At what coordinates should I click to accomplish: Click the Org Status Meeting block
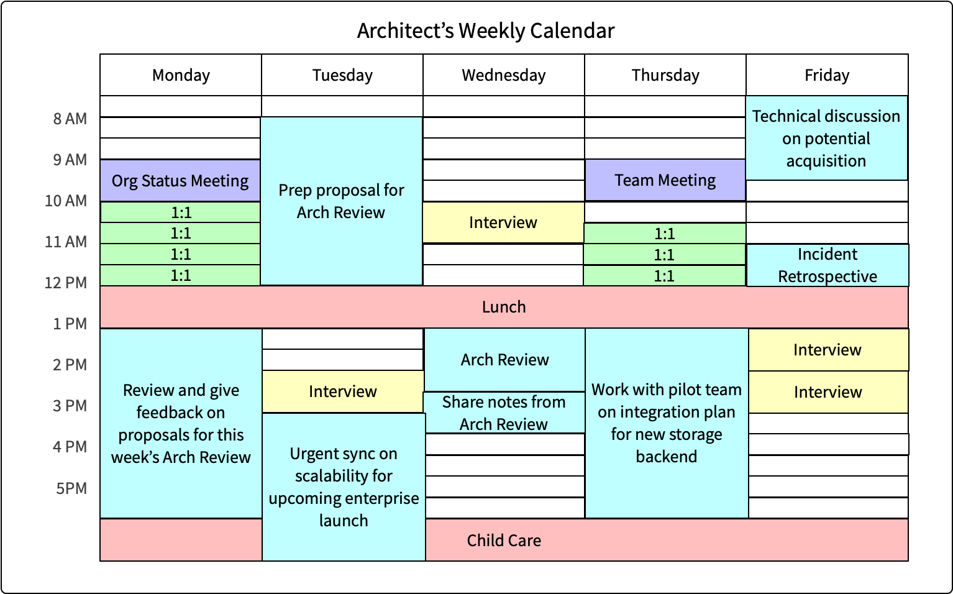tap(180, 181)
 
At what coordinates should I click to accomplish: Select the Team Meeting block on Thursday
tap(665, 180)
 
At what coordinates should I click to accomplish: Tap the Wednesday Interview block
tap(503, 222)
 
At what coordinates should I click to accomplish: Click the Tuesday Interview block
tap(343, 391)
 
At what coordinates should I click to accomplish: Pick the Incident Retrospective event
tap(828, 265)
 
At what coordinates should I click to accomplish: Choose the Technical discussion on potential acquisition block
tap(826, 139)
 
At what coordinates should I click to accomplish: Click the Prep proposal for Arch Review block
tap(341, 201)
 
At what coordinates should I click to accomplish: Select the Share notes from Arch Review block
tap(504, 413)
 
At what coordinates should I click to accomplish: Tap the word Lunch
tap(504, 307)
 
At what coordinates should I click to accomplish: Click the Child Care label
tap(504, 541)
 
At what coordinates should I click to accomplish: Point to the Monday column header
tap(181, 75)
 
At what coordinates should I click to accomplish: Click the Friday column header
tap(827, 75)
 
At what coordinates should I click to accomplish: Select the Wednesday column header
tap(504, 75)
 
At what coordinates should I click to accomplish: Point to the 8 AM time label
tap(70, 119)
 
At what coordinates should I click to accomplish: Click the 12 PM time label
tap(66, 283)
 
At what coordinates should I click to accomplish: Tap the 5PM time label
tap(71, 488)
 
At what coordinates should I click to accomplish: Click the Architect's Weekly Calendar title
tap(486, 30)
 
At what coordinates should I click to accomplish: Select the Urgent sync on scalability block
tap(344, 487)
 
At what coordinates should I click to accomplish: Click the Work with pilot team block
tap(667, 423)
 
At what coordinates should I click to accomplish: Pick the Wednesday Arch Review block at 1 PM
tap(504, 360)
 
